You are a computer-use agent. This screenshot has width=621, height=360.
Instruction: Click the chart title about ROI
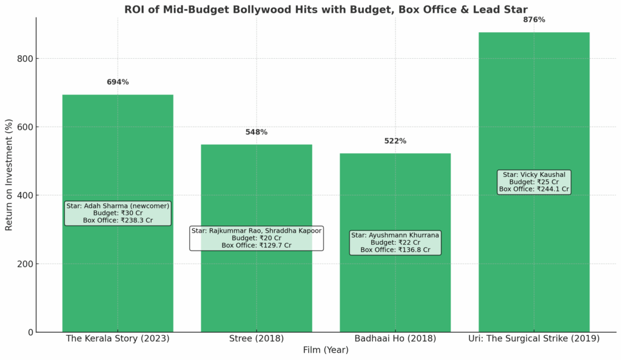(326, 9)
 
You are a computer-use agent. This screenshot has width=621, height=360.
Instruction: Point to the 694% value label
(118, 82)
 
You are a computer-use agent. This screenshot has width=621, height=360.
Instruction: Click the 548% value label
(257, 132)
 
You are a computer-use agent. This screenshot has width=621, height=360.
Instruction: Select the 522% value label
(395, 141)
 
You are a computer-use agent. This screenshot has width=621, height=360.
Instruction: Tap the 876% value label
(534, 20)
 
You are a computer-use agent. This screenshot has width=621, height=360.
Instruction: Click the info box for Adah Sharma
(118, 213)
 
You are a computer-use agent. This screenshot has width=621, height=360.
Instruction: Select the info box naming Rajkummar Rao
(257, 238)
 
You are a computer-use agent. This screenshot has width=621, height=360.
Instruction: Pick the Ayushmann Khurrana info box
(395, 242)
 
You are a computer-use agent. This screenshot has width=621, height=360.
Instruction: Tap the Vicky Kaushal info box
(534, 182)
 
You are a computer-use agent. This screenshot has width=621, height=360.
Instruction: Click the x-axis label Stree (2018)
(257, 339)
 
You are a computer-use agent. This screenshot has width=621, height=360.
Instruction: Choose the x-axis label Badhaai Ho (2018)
(395, 339)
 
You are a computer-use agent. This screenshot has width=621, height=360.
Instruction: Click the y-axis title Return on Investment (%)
(9, 175)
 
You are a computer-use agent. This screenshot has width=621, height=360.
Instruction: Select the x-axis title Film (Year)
(326, 350)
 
